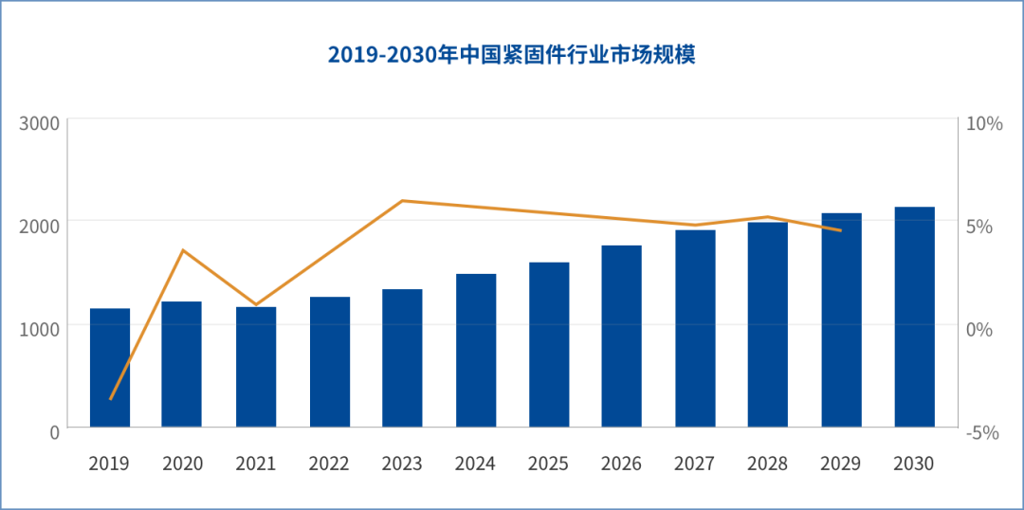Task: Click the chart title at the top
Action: click(512, 55)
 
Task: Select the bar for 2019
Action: click(110, 368)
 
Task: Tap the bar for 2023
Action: click(402, 358)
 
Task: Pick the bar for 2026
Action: click(621, 336)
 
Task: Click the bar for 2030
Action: click(914, 317)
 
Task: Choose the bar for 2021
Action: click(256, 367)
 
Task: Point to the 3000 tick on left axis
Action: click(41, 123)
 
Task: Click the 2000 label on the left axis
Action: click(41, 225)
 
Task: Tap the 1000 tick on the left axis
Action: click(41, 327)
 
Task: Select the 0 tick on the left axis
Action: click(53, 431)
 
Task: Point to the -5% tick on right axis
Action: click(982, 431)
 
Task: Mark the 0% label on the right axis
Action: click(978, 329)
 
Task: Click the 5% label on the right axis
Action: click(978, 226)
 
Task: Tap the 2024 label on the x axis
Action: click(475, 464)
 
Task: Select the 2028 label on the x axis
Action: click(767, 464)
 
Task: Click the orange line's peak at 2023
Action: click(402, 200)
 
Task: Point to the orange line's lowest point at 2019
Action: click(110, 399)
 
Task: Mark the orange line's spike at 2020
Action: click(183, 249)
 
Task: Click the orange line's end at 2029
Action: click(840, 230)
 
